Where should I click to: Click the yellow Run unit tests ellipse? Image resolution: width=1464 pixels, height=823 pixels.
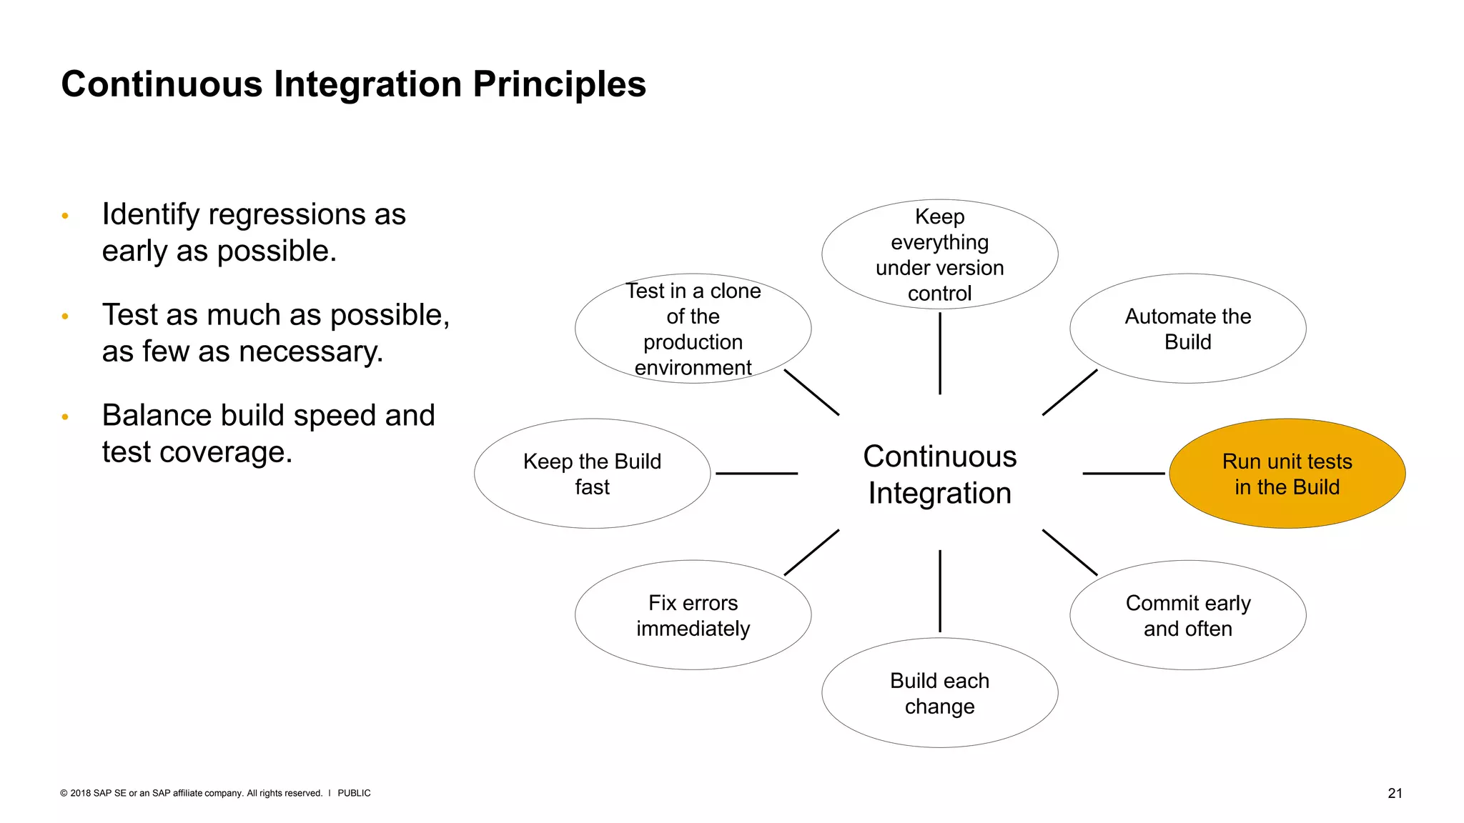point(1287,474)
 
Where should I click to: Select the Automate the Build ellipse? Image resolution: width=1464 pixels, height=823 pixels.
point(1187,329)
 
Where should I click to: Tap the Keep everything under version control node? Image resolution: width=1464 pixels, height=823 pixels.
point(939,254)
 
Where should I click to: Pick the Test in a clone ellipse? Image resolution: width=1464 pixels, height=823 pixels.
point(693,329)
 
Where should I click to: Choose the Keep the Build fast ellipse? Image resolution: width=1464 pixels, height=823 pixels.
point(592,474)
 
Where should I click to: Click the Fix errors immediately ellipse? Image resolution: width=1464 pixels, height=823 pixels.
point(693,615)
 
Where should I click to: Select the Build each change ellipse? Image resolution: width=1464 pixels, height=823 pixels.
point(939,693)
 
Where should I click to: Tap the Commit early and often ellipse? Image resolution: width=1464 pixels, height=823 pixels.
point(1187,615)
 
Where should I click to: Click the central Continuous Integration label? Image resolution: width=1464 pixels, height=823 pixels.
point(939,474)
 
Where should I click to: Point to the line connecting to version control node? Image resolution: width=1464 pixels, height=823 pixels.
point(939,354)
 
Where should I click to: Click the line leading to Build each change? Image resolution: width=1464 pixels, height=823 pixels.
point(939,591)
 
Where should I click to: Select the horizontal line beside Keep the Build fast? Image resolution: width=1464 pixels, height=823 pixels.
point(756,473)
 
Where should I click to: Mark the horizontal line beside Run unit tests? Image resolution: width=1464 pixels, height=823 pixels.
point(1123,473)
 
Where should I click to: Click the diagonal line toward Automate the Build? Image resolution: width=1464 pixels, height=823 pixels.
point(1069,392)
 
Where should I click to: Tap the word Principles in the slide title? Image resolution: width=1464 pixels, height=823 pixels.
point(559,84)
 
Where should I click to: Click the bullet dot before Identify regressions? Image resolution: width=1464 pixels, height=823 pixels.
point(65,216)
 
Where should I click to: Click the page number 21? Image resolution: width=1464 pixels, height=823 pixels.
point(1395,793)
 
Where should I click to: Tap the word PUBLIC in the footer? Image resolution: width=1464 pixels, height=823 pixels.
point(354,793)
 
